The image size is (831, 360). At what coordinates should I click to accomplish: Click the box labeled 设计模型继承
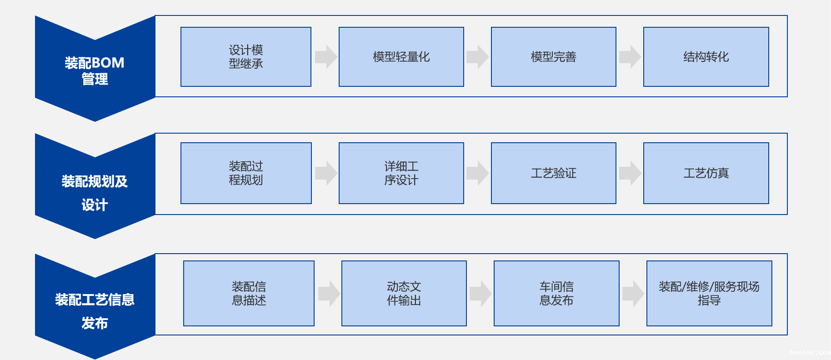245,57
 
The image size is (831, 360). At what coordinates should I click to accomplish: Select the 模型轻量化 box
401,57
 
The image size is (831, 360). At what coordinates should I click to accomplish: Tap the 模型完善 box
553,57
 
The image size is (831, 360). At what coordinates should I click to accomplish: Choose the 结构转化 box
706,57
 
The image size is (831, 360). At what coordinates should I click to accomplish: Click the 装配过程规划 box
245,173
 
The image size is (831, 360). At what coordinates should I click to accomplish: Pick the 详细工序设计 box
401,173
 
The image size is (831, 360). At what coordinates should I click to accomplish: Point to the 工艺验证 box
553,173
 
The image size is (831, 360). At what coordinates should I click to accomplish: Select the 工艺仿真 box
706,173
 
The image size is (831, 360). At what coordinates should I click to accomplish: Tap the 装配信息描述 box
249,293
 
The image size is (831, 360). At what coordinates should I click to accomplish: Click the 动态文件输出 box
404,293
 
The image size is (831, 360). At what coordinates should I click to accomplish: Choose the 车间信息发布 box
556,293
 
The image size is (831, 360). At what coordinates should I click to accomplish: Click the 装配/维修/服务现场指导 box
709,293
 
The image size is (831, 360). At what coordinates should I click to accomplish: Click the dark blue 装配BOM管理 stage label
95,70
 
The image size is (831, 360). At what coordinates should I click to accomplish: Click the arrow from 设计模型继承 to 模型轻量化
325,57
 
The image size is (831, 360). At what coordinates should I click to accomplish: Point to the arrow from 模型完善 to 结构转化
630,57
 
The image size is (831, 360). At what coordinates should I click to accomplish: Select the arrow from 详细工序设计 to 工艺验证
477,173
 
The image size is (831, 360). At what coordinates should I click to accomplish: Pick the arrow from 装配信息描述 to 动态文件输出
329,293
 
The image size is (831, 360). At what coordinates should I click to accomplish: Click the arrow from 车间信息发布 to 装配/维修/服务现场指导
633,293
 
